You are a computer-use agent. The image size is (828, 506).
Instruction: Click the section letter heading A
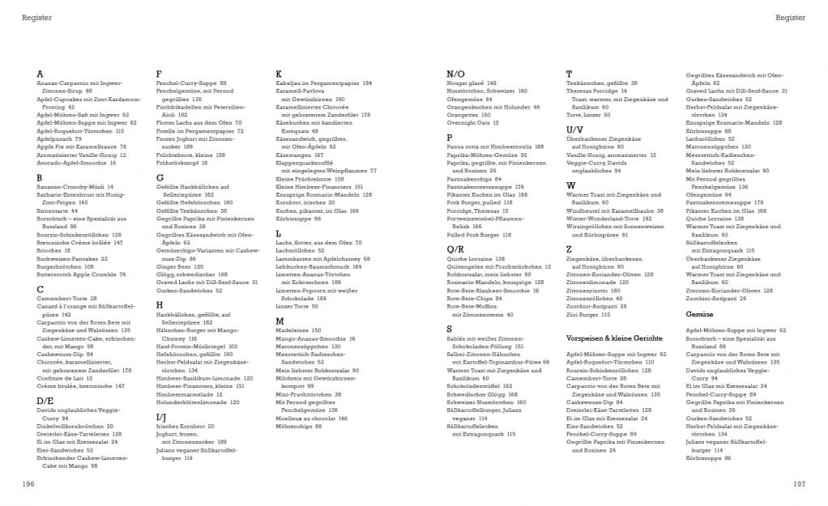point(41,74)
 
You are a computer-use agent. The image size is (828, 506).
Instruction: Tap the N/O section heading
point(455,74)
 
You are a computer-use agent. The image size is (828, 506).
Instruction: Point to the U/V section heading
point(574,130)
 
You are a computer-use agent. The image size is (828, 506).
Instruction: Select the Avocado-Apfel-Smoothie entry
point(75,163)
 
